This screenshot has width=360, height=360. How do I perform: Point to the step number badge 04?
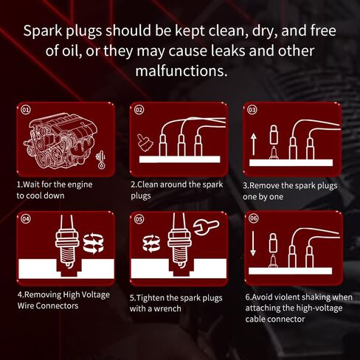click(26, 219)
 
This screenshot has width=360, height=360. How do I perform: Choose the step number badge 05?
click(139, 219)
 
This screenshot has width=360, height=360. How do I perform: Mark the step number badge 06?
click(252, 219)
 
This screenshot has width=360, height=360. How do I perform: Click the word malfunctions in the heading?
click(179, 72)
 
